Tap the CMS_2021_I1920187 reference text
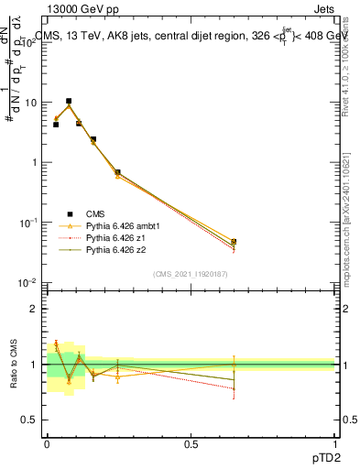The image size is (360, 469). click(x=190, y=273)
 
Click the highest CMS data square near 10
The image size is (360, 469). click(x=69, y=101)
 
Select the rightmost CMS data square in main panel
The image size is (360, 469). click(x=234, y=242)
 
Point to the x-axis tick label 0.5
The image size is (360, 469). click(x=191, y=442)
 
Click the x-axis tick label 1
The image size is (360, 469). click(x=334, y=442)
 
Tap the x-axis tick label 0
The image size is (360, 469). click(x=47, y=442)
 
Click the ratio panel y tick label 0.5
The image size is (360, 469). click(x=29, y=420)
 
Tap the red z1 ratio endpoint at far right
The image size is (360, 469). click(x=234, y=388)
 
